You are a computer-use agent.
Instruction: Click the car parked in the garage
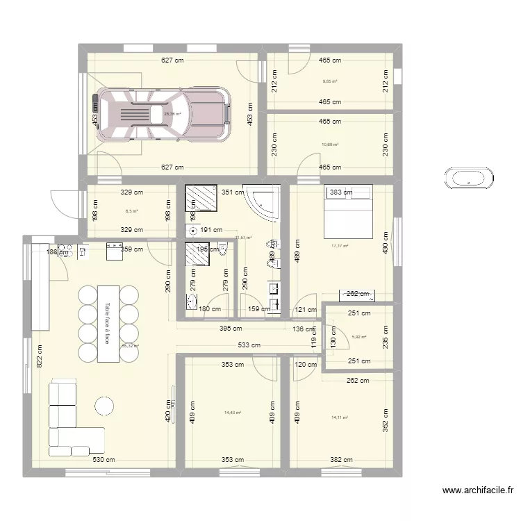pos(160,114)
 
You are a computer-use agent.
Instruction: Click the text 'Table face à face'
pos(108,323)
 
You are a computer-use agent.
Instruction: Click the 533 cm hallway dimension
pos(249,345)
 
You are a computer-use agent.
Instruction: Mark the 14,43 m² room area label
pos(232,412)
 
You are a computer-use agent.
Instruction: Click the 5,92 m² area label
pos(359,337)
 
